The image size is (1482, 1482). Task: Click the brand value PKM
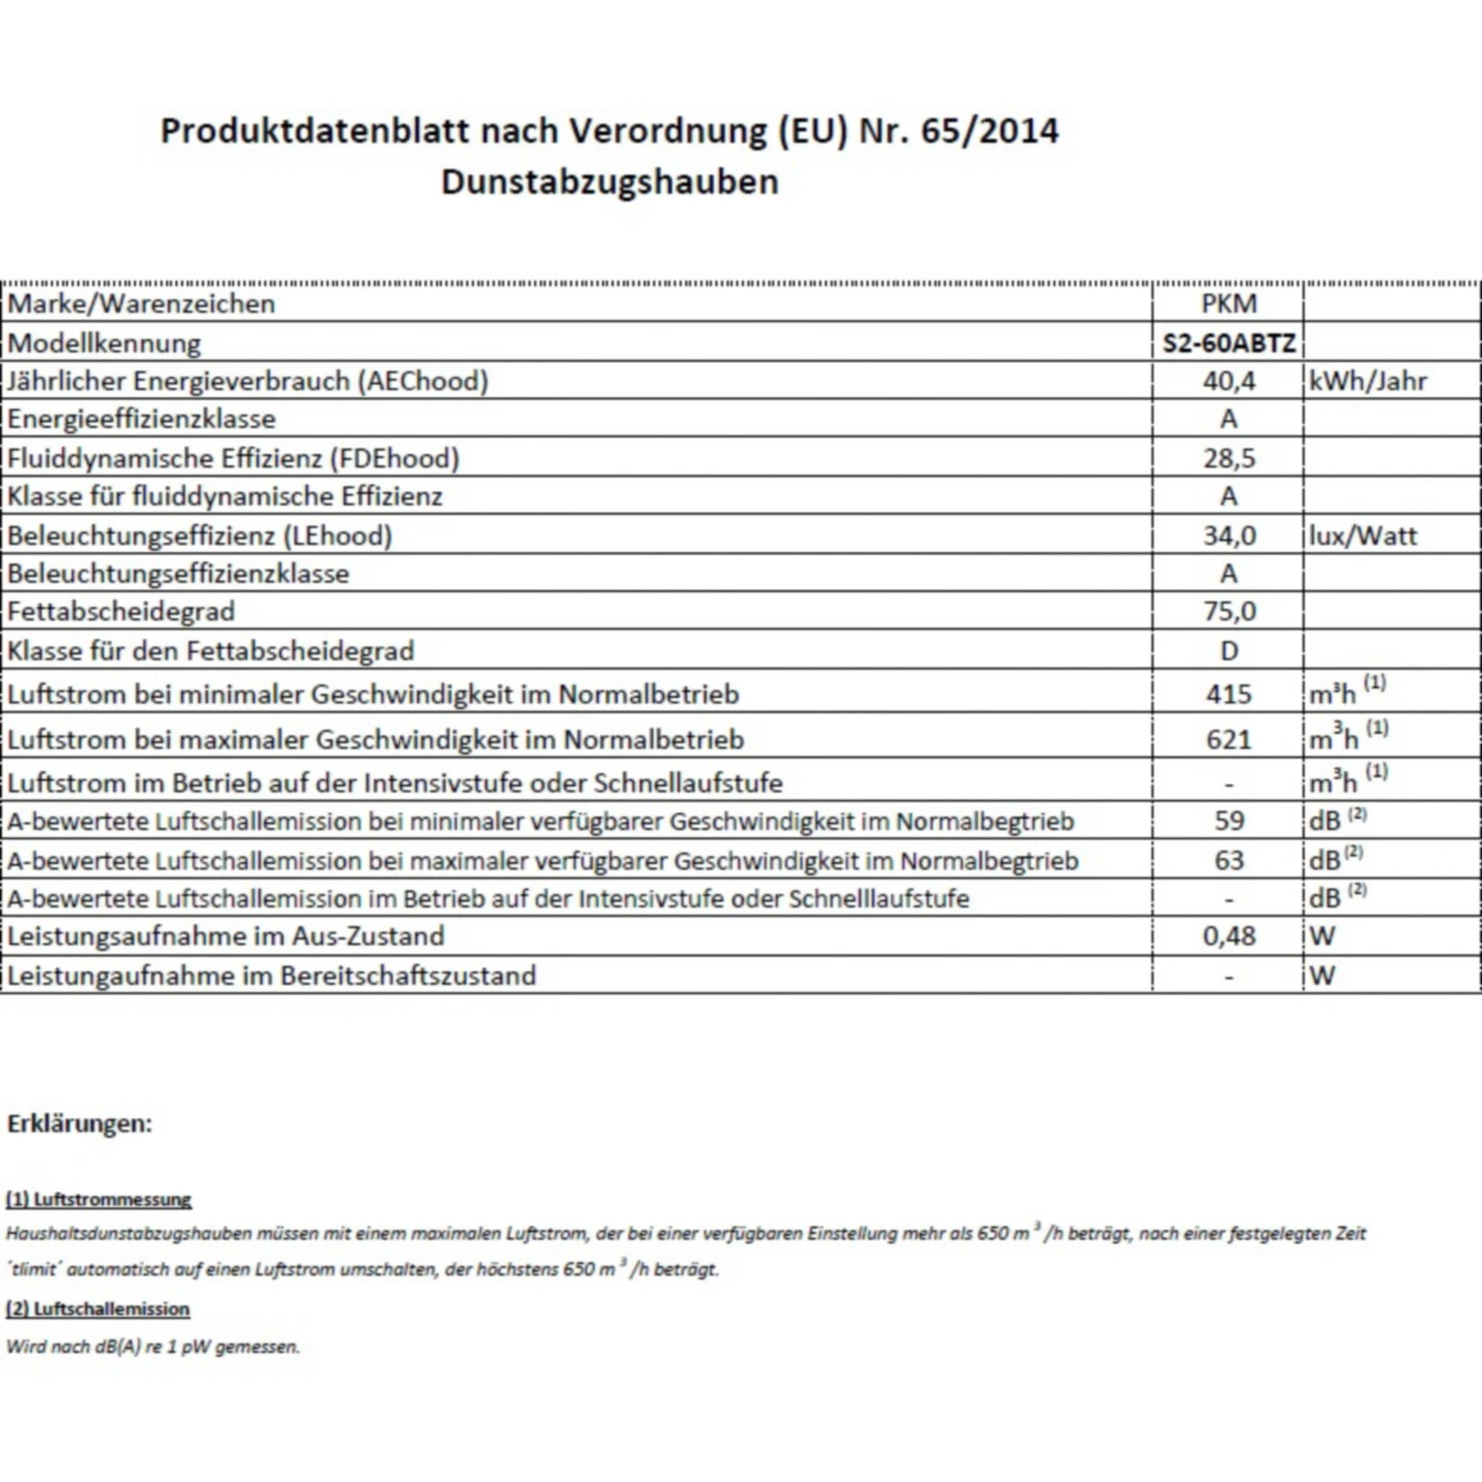point(1229,304)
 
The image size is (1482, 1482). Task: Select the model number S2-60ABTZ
point(1229,343)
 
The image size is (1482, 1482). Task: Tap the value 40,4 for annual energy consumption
point(1229,381)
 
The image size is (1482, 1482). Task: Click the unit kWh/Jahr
point(1368,381)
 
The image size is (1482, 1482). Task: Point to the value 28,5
point(1229,458)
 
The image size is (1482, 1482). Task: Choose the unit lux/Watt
point(1363,536)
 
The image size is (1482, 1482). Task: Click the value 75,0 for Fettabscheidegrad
point(1229,612)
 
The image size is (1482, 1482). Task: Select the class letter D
point(1229,650)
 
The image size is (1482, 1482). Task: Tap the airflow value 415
point(1229,694)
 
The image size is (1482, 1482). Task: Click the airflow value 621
point(1229,739)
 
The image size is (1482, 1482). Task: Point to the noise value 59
point(1229,821)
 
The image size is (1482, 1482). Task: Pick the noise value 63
point(1229,860)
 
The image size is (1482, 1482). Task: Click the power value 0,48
point(1229,936)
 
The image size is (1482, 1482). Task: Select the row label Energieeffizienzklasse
point(142,419)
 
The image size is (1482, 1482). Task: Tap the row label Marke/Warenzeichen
point(142,304)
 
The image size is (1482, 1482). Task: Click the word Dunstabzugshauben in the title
point(609,182)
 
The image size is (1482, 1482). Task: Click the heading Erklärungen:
point(80,1124)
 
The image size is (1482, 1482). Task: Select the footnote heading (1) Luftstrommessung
point(99,1199)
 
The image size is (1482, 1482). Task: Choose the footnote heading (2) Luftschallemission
point(98,1309)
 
